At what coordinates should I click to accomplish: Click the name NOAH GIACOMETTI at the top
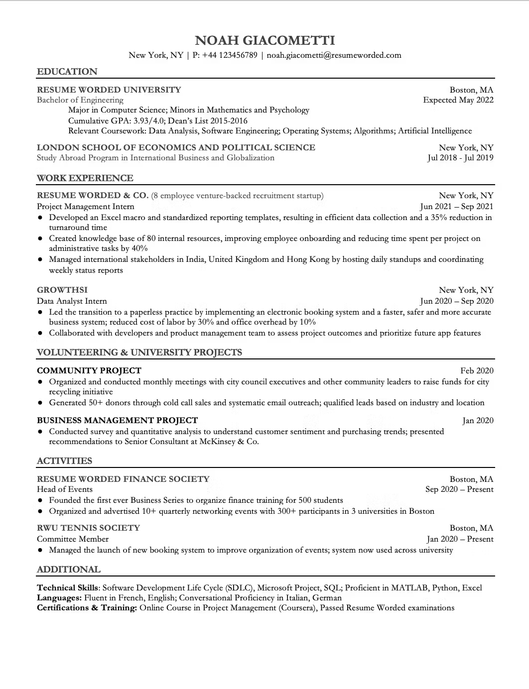264,40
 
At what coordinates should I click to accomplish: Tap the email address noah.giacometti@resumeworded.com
334,55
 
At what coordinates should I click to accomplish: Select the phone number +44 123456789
230,55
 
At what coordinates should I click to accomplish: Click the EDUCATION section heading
67,72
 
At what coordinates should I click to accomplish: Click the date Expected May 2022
458,100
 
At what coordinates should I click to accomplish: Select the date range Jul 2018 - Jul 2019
460,158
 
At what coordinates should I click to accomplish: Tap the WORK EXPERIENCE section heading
85,178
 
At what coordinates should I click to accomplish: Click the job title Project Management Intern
86,207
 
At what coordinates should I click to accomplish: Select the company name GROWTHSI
62,290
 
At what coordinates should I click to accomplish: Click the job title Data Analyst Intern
72,301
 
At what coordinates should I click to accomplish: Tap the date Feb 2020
477,370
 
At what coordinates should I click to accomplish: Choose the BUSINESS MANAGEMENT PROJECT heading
118,421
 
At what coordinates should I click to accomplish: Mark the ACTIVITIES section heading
65,461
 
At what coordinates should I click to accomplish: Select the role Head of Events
65,489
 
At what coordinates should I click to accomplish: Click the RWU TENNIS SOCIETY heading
88,528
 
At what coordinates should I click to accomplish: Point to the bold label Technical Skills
68,588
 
